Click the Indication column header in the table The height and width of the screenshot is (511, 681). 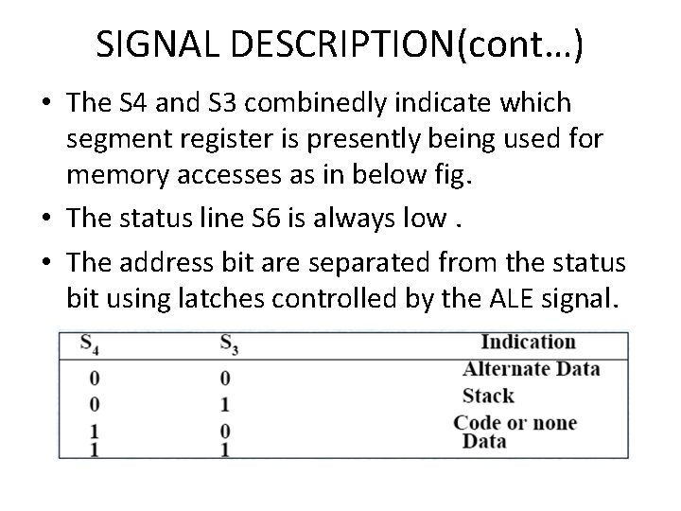coord(528,343)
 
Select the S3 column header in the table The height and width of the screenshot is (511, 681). coord(228,344)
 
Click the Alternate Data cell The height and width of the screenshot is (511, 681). coord(531,368)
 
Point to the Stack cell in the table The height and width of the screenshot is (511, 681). coord(488,395)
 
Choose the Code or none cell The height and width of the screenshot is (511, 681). coord(514,422)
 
